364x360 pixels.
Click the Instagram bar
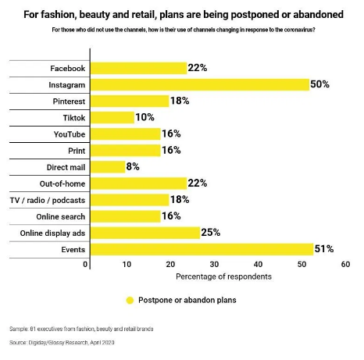pyautogui.click(x=200, y=85)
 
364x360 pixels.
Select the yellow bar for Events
pyautogui.click(x=202, y=249)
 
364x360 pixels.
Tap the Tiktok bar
pyautogui.click(x=112, y=118)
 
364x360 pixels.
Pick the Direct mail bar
pyautogui.click(x=108, y=167)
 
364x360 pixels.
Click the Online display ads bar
pyautogui.click(x=145, y=233)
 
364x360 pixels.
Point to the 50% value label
pyautogui.click(x=319, y=84)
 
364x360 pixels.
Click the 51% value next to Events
pyautogui.click(x=324, y=249)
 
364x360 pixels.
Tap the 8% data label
pyautogui.click(x=133, y=166)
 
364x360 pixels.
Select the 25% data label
pyautogui.click(x=211, y=233)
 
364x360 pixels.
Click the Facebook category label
pyautogui.click(x=68, y=69)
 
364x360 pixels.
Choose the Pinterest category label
pyautogui.click(x=69, y=102)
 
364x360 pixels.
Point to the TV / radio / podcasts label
pyautogui.click(x=48, y=200)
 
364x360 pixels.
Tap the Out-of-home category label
pyautogui.click(x=62, y=184)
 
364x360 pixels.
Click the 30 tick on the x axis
pyautogui.click(x=214, y=265)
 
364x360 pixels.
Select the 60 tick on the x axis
pyautogui.click(x=345, y=265)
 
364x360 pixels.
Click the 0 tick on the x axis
pyautogui.click(x=85, y=265)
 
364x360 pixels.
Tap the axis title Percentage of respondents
pyautogui.click(x=223, y=276)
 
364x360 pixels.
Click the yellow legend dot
pyautogui.click(x=130, y=301)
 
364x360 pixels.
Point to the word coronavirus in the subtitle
pyautogui.click(x=298, y=30)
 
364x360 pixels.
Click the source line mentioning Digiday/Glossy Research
pyautogui.click(x=62, y=343)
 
